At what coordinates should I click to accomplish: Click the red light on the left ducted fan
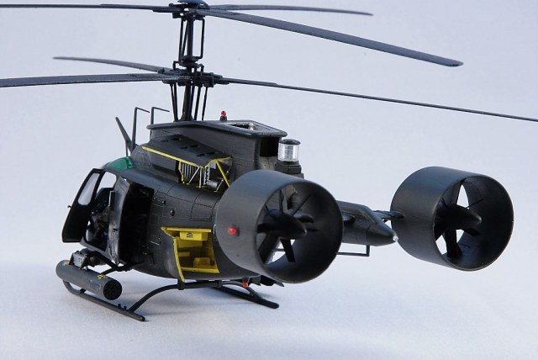(x=231, y=229)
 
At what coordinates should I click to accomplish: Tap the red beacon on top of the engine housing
(x=223, y=114)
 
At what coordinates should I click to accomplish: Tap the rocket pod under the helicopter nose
(x=87, y=280)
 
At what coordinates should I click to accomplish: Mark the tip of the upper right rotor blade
(x=457, y=62)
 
